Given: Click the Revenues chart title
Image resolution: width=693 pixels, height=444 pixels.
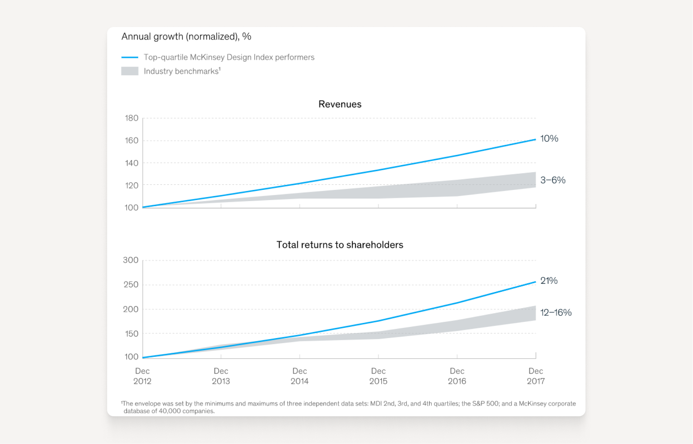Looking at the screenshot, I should (339, 104).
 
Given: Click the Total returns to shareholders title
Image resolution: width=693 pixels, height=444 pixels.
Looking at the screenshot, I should (339, 245).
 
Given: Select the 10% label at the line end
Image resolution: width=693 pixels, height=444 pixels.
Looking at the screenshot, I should (549, 138).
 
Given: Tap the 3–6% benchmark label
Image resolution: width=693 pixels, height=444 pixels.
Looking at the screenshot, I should (552, 180).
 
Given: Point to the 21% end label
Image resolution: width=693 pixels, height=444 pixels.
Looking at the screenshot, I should (549, 280).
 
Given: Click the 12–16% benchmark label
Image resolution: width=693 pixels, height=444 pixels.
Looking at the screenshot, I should (556, 312).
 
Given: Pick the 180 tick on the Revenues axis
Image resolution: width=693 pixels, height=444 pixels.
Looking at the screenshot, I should (132, 118).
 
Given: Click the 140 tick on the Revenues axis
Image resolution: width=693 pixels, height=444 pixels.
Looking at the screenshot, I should (132, 163).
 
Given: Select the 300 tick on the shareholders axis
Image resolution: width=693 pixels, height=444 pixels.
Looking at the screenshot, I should (131, 260).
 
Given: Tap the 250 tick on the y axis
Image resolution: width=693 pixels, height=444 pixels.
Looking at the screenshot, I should (131, 284).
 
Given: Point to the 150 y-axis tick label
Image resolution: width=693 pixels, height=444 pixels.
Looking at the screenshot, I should (132, 334).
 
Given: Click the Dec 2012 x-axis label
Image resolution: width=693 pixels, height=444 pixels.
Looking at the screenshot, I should (142, 376).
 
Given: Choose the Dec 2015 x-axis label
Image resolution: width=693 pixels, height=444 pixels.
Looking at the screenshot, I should (378, 376).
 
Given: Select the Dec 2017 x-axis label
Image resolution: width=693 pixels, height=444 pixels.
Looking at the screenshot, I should (535, 376).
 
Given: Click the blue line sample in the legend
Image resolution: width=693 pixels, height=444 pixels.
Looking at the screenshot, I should (130, 57).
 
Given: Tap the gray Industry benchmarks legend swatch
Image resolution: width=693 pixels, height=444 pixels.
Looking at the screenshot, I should (130, 71).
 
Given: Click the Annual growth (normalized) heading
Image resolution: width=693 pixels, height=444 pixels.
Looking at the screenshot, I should (186, 36).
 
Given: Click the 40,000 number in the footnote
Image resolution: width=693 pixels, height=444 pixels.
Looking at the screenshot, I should (170, 411).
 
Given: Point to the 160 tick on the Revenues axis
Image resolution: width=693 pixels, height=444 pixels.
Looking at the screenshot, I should (132, 141).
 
